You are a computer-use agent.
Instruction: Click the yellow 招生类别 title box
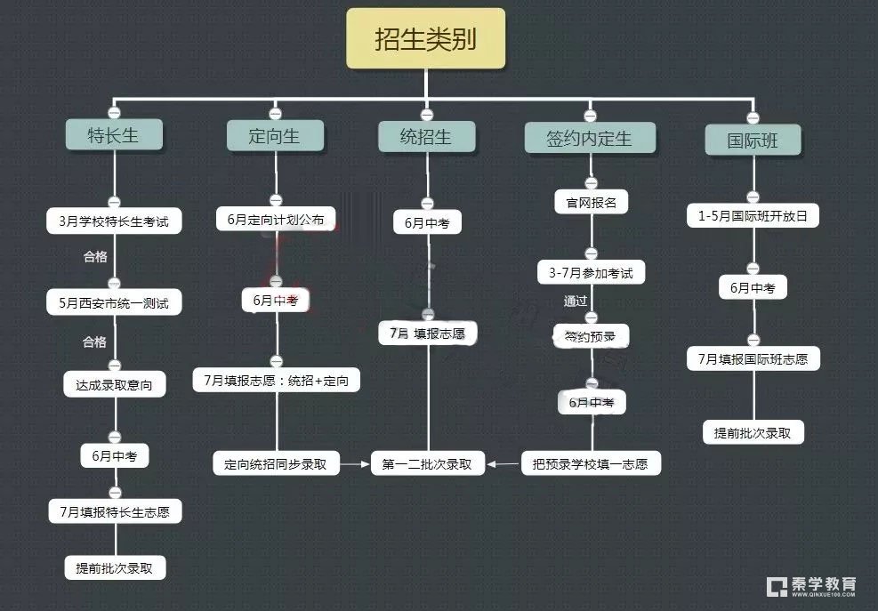[x=425, y=39]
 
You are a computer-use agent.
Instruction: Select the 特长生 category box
[x=114, y=135]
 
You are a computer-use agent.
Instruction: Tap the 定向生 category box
[x=275, y=135]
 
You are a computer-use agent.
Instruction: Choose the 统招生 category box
[x=426, y=137]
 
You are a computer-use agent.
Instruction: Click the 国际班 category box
[x=753, y=141]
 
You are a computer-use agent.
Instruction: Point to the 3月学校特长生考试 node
[x=114, y=221]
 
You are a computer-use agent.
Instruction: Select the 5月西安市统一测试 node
[x=114, y=302]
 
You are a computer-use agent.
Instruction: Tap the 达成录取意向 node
[x=114, y=384]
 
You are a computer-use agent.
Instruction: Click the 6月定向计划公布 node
[x=275, y=219]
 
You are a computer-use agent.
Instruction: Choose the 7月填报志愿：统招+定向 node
[x=276, y=381]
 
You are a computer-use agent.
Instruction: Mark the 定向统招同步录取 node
[x=276, y=463]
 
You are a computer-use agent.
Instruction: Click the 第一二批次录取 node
[x=427, y=463]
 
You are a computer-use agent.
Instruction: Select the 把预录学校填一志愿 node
[x=591, y=463]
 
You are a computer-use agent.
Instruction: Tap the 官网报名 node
[x=591, y=202]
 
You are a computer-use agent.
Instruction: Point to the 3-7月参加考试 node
[x=591, y=272]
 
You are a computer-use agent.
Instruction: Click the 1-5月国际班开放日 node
[x=753, y=216]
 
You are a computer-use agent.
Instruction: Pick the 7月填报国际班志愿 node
[x=753, y=359]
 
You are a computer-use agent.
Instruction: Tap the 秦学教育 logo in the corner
[x=811, y=585]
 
